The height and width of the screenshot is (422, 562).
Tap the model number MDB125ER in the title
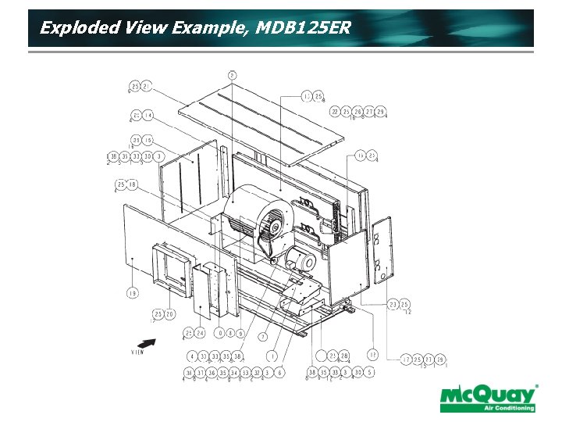coord(303,28)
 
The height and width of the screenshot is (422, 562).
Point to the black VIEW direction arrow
coord(147,342)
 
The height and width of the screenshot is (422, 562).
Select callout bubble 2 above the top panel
coord(233,75)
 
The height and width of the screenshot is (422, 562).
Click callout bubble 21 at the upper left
coord(147,86)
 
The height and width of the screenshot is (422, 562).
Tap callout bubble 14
coord(148,116)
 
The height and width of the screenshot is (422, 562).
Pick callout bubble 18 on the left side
coord(133,184)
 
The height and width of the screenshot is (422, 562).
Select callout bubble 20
coord(169,313)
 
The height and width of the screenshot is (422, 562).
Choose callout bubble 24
coord(200,333)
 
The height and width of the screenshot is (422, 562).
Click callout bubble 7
coord(264,336)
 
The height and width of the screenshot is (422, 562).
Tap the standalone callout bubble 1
coord(272,356)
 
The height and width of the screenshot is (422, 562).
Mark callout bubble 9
coord(241,333)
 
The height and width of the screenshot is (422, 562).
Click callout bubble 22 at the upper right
coord(335,112)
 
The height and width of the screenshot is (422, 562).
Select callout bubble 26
coord(357,112)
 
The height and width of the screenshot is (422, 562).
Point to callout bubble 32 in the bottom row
coord(256,374)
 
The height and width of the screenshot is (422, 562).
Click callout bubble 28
coord(344,356)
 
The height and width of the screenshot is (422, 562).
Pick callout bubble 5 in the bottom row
coord(369,374)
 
